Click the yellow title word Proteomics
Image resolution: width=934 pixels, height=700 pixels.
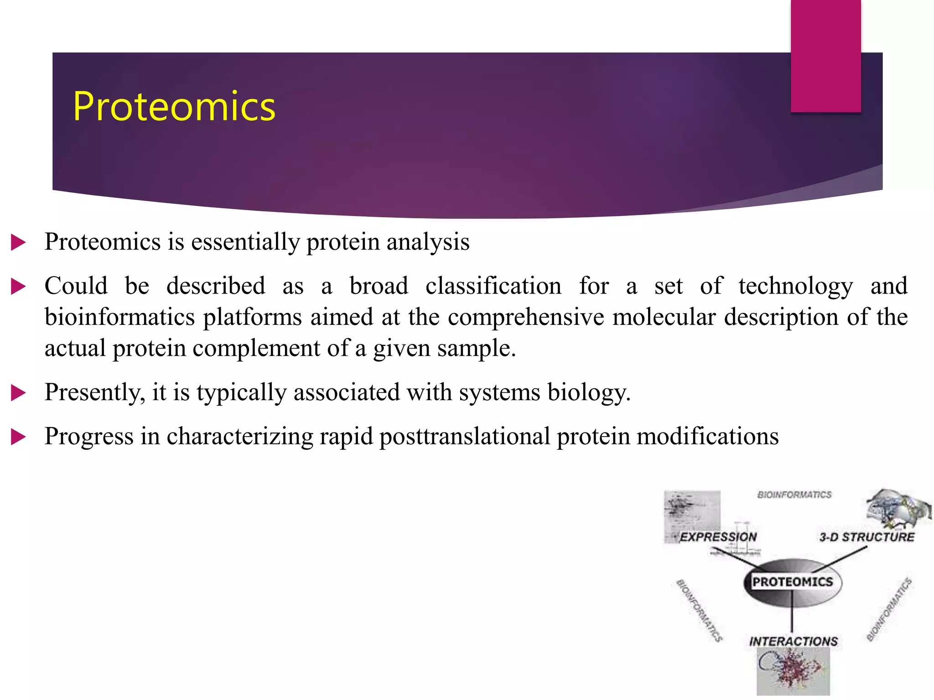tap(174, 107)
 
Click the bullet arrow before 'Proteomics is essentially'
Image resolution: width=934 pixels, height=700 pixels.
tap(18, 242)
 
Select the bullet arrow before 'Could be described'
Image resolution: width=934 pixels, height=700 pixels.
tap(18, 287)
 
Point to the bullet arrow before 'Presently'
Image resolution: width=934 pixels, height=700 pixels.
tap(18, 392)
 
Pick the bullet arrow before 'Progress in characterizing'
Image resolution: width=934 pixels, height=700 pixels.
tap(18, 437)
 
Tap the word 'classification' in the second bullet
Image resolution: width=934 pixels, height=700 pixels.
tap(493, 286)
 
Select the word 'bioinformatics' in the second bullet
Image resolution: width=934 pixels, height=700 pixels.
tap(119, 317)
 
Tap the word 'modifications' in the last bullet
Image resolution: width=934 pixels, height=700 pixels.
tap(707, 437)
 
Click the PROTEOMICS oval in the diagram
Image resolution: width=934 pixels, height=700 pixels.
tap(793, 582)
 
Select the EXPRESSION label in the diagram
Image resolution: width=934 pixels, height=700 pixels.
tap(718, 537)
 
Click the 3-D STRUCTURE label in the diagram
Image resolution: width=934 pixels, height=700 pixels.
tap(867, 537)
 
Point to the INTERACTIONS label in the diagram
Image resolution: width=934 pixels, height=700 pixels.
tap(794, 641)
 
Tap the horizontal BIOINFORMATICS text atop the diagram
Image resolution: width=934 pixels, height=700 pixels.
tap(794, 494)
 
